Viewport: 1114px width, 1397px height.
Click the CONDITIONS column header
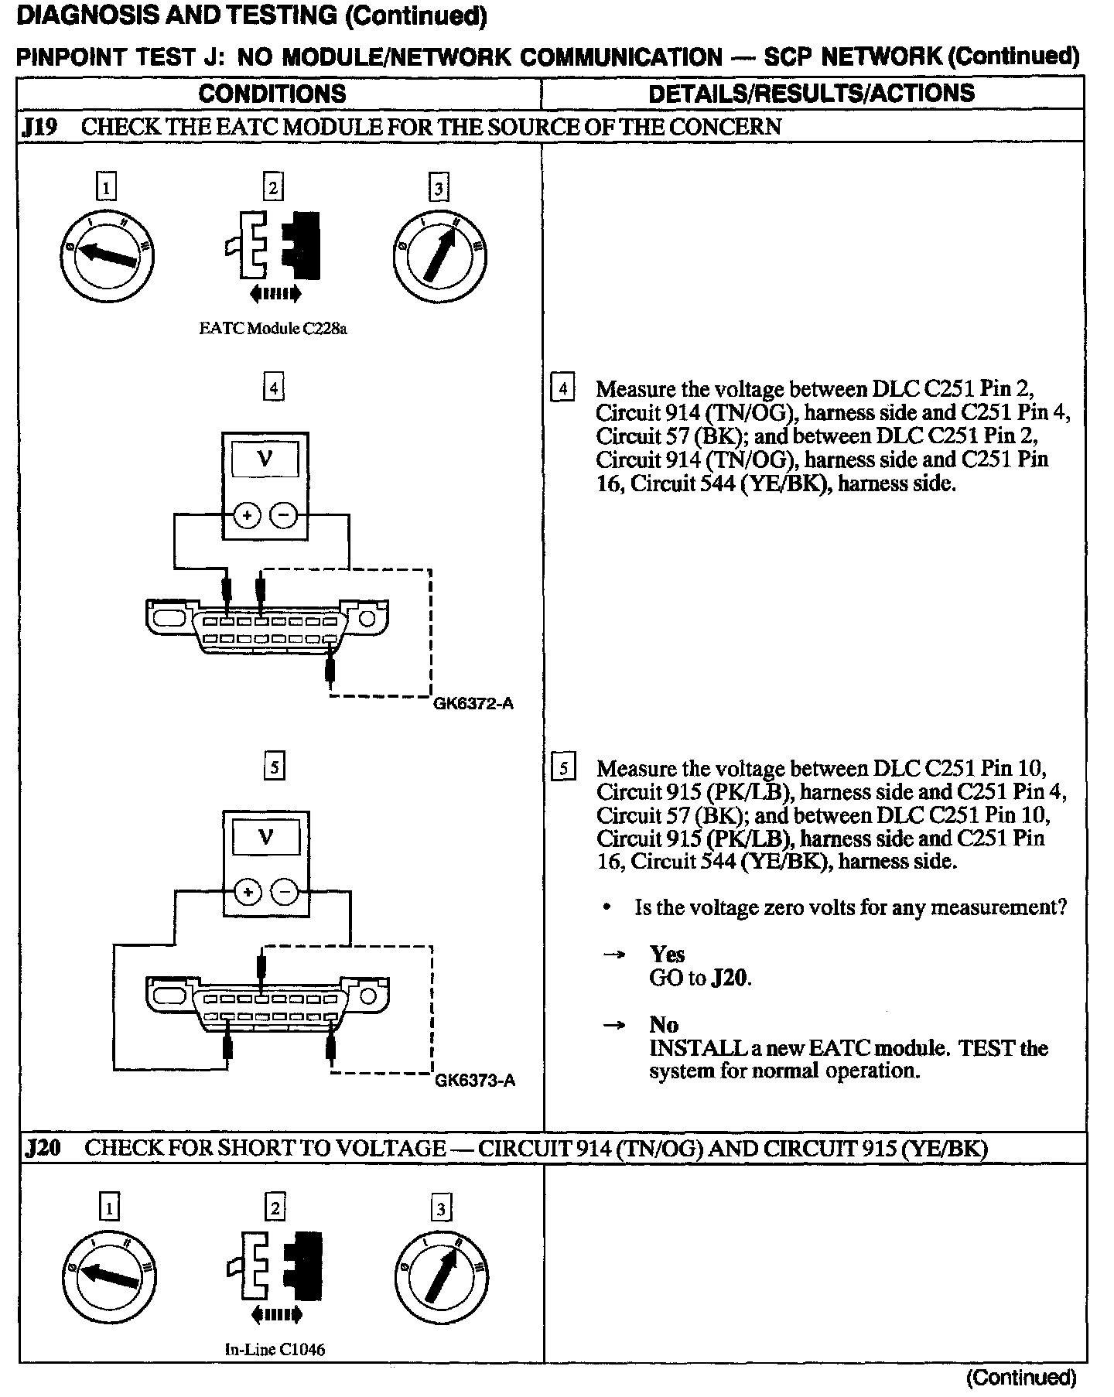pyautogui.click(x=272, y=94)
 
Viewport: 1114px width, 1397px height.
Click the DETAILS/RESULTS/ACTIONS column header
pyautogui.click(x=811, y=94)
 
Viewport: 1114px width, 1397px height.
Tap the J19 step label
pyautogui.click(x=39, y=127)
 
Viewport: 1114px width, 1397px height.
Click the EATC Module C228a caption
pyautogui.click(x=273, y=329)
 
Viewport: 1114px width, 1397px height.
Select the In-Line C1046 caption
pyautogui.click(x=275, y=1349)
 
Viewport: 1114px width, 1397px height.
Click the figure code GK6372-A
pyautogui.click(x=473, y=704)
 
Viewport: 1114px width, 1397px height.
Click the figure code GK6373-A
pyautogui.click(x=474, y=1081)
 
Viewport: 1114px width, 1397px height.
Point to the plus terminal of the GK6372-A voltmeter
pyautogui.click(x=248, y=515)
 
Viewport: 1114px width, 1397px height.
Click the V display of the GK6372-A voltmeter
pyautogui.click(x=265, y=460)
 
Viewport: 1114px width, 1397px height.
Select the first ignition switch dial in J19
pyautogui.click(x=108, y=254)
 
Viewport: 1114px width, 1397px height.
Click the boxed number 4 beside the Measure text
pyautogui.click(x=562, y=388)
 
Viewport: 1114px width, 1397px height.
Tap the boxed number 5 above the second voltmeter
pyautogui.click(x=274, y=766)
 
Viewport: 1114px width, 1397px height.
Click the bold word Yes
pyautogui.click(x=667, y=955)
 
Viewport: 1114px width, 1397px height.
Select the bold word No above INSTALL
pyautogui.click(x=664, y=1025)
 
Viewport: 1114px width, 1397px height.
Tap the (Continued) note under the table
pyautogui.click(x=1021, y=1377)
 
